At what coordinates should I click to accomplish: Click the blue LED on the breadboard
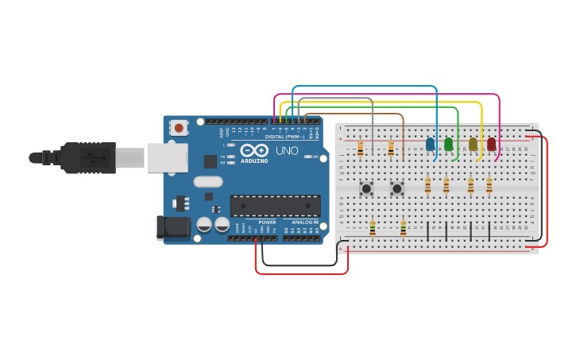coord(430,145)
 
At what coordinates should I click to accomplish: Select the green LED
coord(448,144)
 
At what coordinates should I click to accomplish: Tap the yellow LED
coord(473,144)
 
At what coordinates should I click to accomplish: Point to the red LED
coord(491,144)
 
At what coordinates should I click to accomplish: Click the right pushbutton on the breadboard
coord(396,188)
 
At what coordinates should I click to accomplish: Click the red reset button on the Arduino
coord(179,127)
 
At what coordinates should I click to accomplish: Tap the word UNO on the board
coord(287,150)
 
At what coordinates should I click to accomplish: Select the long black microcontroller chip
coord(275,206)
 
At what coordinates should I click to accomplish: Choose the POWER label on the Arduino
coord(267,223)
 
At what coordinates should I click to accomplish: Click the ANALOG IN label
coord(304,223)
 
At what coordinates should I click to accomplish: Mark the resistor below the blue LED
coord(427,186)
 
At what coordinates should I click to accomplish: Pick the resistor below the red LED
coord(489,186)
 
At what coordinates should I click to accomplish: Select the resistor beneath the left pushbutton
coord(372,228)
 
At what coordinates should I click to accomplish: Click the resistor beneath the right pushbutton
coord(403,228)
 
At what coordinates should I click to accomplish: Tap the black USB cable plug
coord(87,157)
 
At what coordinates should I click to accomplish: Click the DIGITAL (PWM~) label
coord(284,137)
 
